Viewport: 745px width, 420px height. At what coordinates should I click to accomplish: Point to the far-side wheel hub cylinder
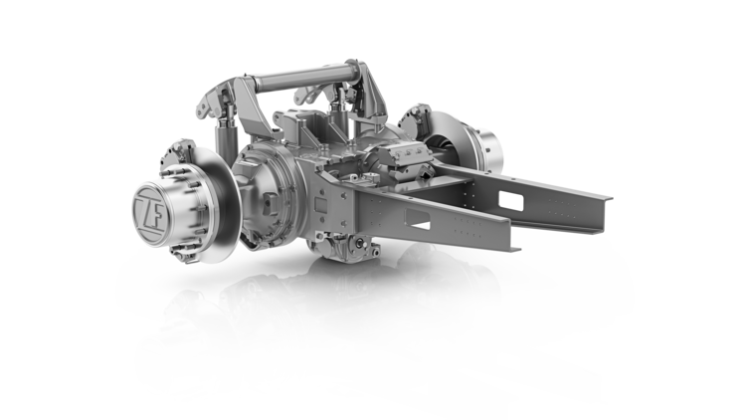(x=487, y=150)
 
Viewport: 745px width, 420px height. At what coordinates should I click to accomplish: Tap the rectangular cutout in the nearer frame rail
(x=417, y=219)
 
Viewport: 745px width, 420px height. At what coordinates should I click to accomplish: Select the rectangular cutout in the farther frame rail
(x=511, y=201)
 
